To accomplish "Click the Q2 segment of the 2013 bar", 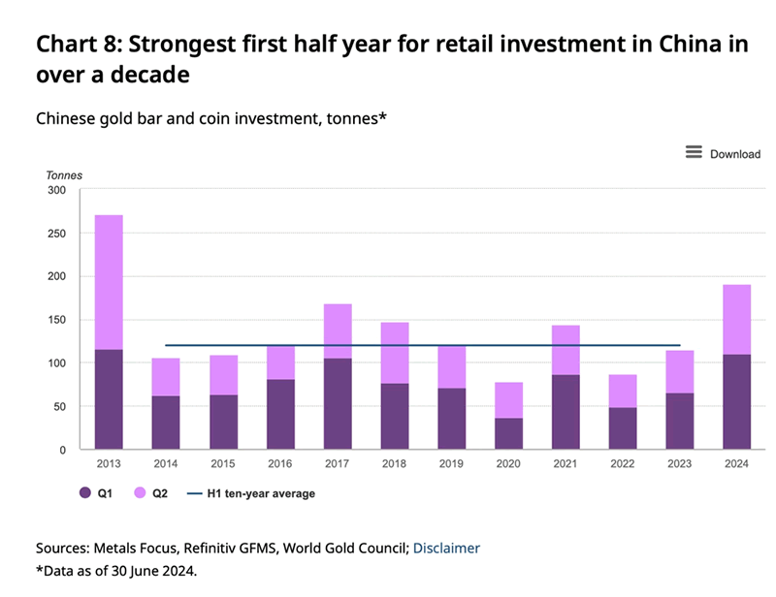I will click(x=109, y=282).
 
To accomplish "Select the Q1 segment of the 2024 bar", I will click(x=736, y=402).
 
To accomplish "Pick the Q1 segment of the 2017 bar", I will click(x=337, y=404).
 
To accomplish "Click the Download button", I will click(x=723, y=153).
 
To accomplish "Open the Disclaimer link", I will click(x=446, y=548).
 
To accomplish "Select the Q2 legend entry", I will click(x=149, y=493).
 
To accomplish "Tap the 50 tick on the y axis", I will click(x=57, y=407).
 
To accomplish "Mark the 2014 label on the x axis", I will click(x=166, y=463).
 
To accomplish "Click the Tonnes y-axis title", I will click(x=64, y=175).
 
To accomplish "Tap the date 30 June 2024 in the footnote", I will click(x=149, y=570).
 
